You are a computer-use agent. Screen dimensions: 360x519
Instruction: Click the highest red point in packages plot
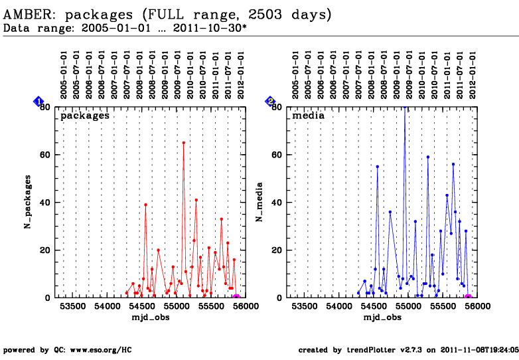pos(183,142)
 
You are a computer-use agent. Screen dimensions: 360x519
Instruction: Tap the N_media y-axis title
pos(261,202)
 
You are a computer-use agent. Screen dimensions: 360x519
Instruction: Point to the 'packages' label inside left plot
pos(85,116)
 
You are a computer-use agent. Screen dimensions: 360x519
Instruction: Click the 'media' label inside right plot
pos(309,116)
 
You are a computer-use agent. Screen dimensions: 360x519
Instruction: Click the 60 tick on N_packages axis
pos(46,155)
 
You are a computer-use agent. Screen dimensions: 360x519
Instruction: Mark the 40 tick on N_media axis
pos(278,203)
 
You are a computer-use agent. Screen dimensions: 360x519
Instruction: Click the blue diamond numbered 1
pos(38,101)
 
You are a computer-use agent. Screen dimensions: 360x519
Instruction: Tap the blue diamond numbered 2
pos(270,101)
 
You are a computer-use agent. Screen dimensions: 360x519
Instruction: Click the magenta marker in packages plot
pos(237,298)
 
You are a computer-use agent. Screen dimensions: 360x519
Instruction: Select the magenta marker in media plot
pos(468,298)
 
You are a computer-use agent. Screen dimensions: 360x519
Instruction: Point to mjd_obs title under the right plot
pos(382,317)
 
